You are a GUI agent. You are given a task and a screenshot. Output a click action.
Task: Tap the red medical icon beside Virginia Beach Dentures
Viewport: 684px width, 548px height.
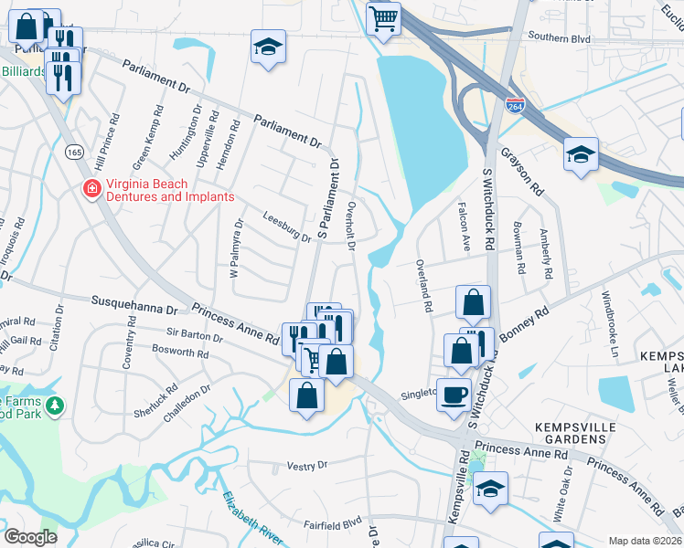point(91,190)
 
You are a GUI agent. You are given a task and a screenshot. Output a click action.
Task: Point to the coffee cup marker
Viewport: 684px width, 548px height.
point(454,395)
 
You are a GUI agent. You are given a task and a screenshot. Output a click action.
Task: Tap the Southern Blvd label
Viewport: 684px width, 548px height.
point(562,37)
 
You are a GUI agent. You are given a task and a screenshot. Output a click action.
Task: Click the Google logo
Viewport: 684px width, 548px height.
point(30,536)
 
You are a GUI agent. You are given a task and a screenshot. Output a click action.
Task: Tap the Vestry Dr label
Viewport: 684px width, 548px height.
point(306,465)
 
